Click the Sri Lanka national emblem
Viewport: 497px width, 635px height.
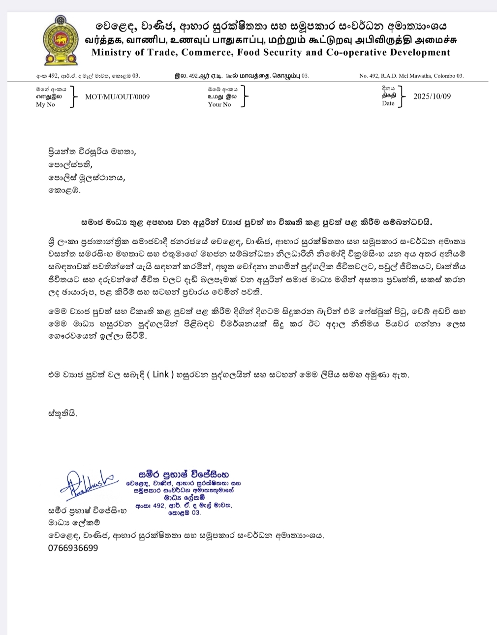[61, 40]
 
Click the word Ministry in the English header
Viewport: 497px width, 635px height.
[111, 53]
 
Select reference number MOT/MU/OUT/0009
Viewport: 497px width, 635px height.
[117, 96]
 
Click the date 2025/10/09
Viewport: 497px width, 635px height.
[432, 96]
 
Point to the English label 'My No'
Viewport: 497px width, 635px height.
[45, 104]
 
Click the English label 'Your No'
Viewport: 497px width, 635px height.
[219, 104]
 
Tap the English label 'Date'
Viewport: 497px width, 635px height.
[388, 103]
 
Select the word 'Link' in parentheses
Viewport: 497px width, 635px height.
[160, 375]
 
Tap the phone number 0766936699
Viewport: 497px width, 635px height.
[73, 548]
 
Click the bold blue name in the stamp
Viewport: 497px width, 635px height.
[184, 475]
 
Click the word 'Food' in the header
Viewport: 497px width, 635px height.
[248, 53]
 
